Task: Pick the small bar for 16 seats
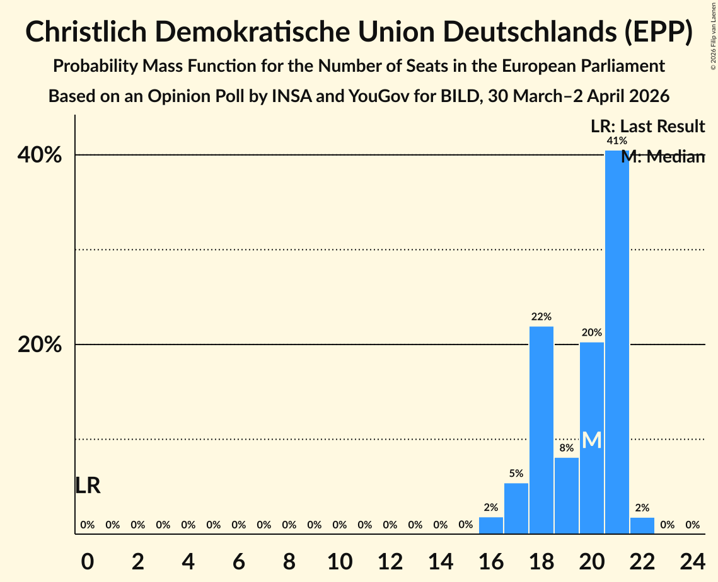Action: tap(491, 525)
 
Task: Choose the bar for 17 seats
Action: tap(516, 508)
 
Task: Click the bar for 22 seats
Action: tap(642, 525)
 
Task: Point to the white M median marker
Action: tap(591, 440)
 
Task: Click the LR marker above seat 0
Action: tap(88, 486)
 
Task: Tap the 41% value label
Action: tap(617, 141)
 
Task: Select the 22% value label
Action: tap(541, 317)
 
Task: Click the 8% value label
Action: tap(567, 448)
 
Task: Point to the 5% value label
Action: tap(516, 474)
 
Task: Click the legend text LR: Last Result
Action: tap(647, 127)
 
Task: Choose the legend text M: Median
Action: tap(663, 157)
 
